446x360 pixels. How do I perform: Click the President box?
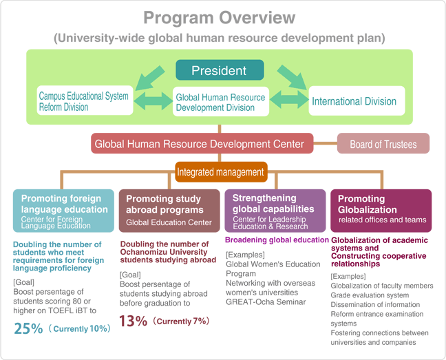pos(220,70)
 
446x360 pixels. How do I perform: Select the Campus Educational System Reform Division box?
pos(85,100)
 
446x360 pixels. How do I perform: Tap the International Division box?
pos(357,101)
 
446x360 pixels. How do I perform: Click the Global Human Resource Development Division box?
pos(221,101)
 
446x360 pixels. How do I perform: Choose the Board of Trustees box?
pos(383,143)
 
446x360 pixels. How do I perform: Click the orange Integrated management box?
pos(221,172)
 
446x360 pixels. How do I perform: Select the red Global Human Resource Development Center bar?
pos(202,143)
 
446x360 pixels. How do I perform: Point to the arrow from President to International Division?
pos(293,77)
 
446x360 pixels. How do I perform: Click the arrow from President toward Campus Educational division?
pos(149,78)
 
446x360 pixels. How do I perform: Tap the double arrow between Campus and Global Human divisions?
pos(153,100)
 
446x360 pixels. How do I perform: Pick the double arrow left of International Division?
pos(289,100)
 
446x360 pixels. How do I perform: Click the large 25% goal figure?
pos(28,328)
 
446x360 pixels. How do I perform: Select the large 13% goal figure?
pos(133,321)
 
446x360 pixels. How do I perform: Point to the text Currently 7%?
pos(182,321)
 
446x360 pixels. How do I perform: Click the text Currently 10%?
pos(81,329)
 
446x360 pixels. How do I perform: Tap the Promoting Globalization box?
pos(381,211)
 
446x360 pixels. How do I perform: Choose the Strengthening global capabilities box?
pos(275,211)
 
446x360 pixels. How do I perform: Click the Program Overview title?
pos(220,18)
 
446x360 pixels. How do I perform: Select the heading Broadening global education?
pos(277,240)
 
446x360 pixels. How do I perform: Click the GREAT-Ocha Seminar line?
pos(266,301)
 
